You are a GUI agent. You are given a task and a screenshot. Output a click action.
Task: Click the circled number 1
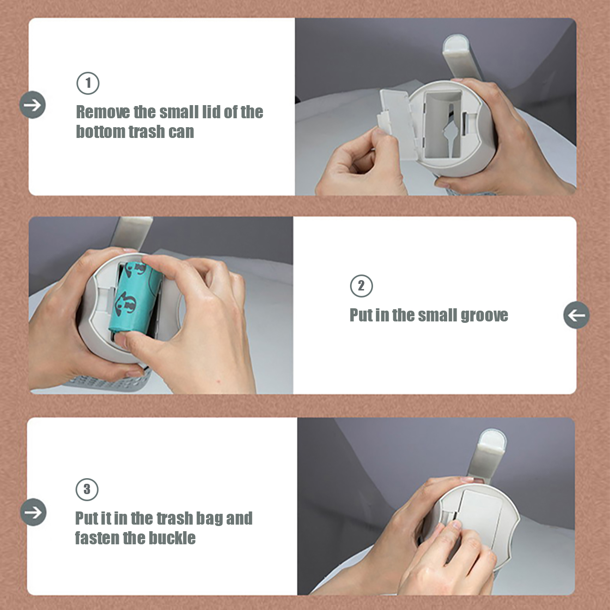[x=88, y=83]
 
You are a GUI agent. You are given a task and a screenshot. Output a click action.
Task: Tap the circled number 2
[x=361, y=286]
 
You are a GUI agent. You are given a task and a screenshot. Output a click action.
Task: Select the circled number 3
[x=87, y=489]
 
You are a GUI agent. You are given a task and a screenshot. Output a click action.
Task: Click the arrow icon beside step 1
[x=32, y=105]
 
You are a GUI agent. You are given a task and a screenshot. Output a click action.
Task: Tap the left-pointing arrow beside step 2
[x=576, y=315]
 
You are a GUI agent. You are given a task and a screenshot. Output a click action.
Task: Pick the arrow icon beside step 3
[x=33, y=512]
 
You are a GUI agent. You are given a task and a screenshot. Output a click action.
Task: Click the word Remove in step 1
[x=103, y=112]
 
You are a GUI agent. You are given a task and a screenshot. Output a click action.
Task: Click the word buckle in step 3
[x=172, y=538]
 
